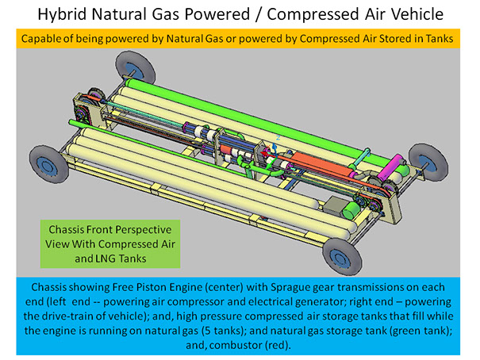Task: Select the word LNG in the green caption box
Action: pyautogui.click(x=82, y=259)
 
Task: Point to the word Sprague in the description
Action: pyautogui.click(x=342, y=285)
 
